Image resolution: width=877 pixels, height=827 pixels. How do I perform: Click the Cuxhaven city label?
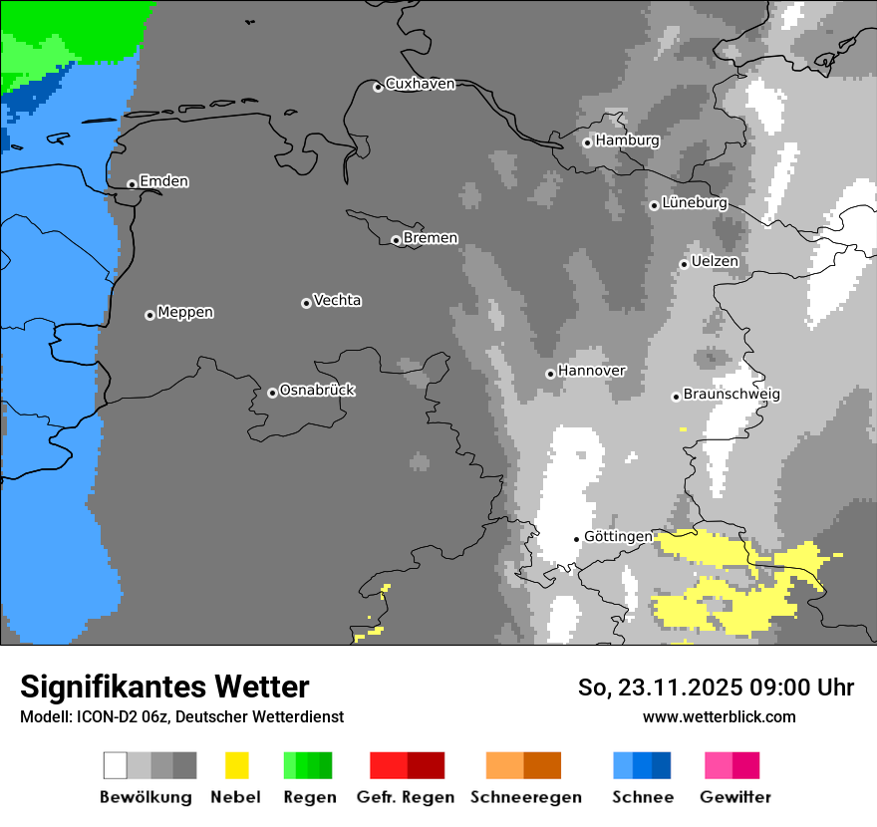[x=420, y=84]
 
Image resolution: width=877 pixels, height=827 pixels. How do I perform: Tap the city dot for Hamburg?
[x=587, y=142]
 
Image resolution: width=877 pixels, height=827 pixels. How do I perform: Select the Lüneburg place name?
[x=694, y=203]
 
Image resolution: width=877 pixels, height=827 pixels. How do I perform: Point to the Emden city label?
[x=163, y=181]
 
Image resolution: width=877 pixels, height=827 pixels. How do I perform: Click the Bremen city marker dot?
[x=396, y=240]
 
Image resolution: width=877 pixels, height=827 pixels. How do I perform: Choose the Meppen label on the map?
[x=185, y=313]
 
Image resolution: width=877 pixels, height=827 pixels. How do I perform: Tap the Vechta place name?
[x=337, y=301]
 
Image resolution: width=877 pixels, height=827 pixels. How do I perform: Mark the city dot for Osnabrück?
[x=272, y=393]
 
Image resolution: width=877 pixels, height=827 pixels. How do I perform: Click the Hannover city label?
[x=591, y=371]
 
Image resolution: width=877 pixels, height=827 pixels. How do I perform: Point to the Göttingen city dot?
[x=576, y=539]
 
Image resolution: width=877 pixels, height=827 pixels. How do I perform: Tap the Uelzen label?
[x=715, y=262]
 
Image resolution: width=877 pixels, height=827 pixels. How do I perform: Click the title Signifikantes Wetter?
[x=164, y=687]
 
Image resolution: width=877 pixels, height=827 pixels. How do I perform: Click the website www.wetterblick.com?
[x=719, y=716]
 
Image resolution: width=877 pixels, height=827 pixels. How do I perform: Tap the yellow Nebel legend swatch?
[x=236, y=765]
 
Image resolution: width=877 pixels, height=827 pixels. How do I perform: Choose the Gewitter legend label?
[x=734, y=797]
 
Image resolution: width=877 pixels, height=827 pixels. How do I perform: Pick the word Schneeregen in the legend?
[x=525, y=797]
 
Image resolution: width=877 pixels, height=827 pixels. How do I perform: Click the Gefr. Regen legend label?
[x=406, y=797]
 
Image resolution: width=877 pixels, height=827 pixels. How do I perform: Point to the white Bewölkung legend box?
[x=116, y=765]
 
